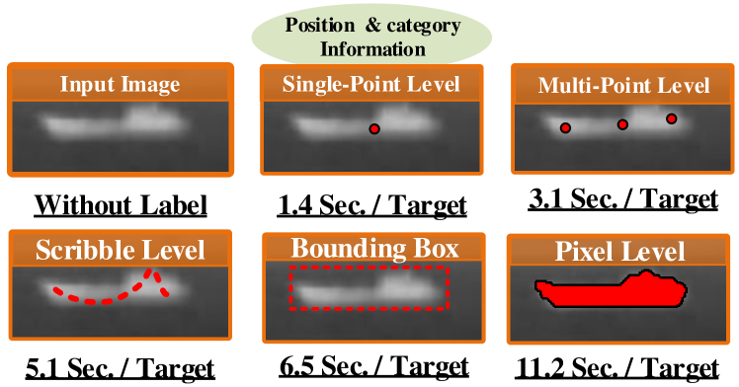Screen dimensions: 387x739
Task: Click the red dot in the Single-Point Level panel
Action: point(373,128)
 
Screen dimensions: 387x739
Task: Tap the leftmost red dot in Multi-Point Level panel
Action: point(565,127)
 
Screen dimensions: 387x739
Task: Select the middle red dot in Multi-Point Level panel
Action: point(622,124)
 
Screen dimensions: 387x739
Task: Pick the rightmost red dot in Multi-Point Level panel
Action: point(672,118)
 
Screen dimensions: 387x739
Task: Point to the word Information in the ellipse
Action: point(379,47)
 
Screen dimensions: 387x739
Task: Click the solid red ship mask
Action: point(611,292)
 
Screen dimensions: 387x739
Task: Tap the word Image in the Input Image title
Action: point(150,84)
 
